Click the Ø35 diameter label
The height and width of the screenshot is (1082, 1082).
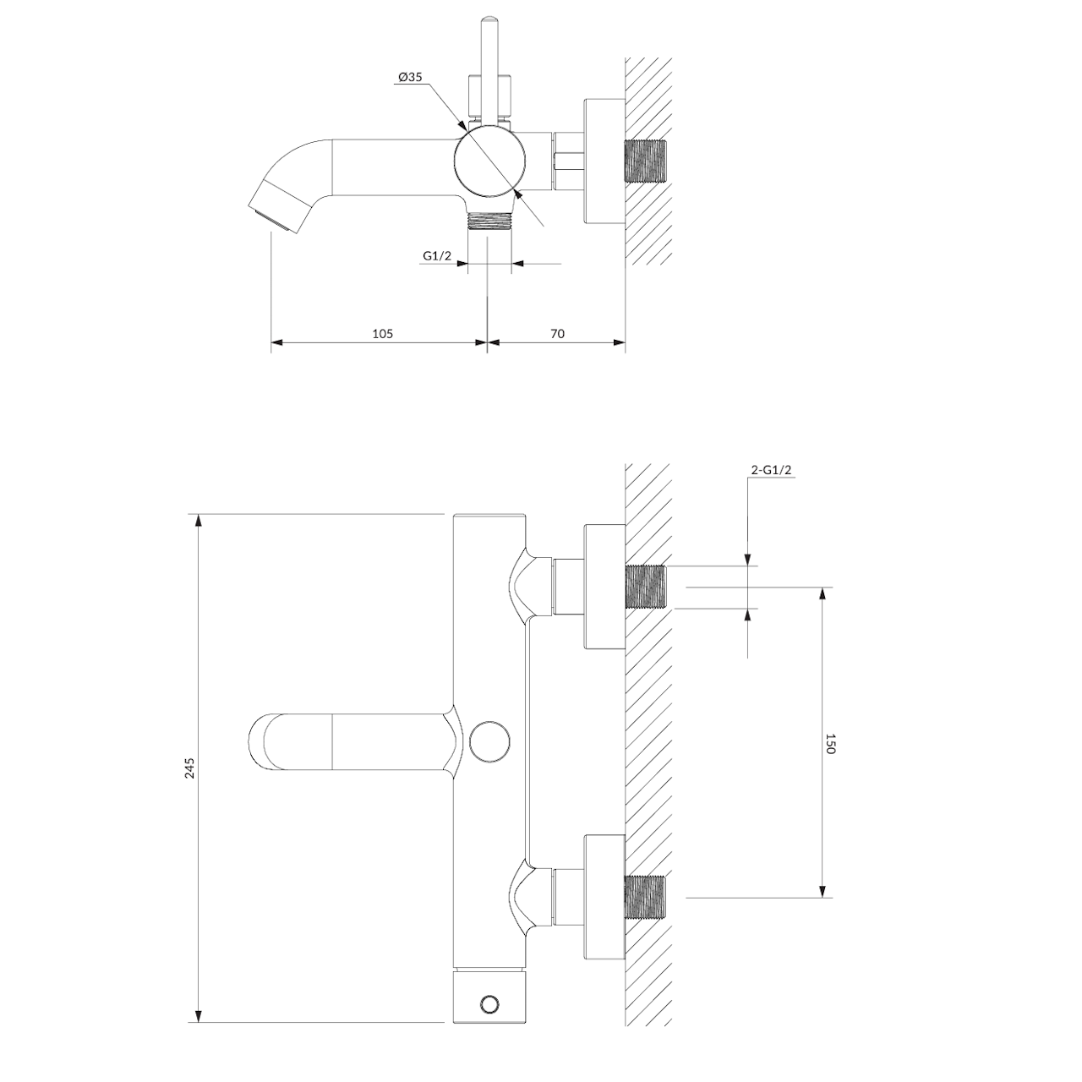409,77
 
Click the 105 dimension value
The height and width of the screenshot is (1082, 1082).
383,333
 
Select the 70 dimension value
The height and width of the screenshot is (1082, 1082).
557,333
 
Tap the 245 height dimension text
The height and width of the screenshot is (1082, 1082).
190,768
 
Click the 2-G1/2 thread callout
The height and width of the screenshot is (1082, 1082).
771,471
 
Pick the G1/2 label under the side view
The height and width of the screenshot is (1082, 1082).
437,255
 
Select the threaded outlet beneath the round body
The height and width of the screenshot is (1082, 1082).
489,221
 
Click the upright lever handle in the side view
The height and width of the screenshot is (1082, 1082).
489,68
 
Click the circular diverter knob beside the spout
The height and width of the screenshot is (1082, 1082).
489,741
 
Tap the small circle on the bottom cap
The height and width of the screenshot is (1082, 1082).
489,1003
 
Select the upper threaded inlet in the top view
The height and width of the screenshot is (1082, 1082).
645,587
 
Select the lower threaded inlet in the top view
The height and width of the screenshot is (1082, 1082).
645,899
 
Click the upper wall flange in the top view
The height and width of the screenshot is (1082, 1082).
604,587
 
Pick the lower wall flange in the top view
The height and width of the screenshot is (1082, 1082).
604,899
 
